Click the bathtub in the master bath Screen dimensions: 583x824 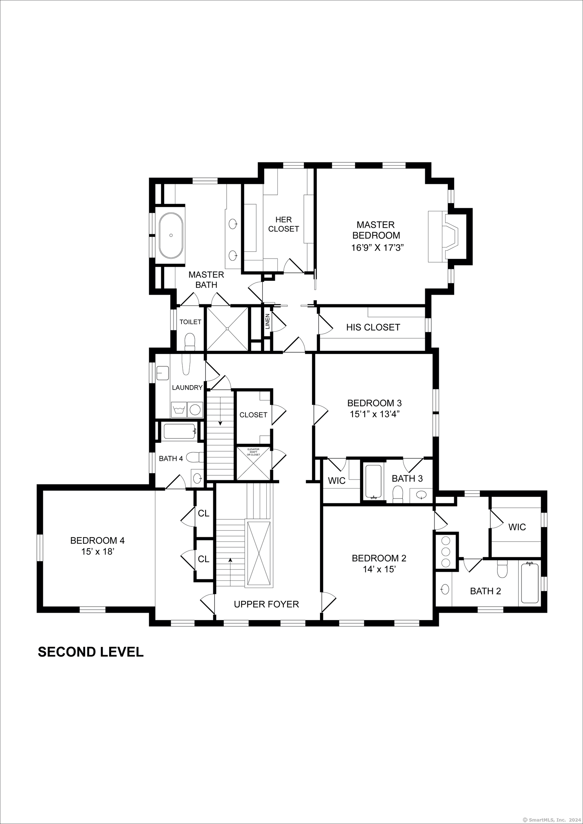(171, 236)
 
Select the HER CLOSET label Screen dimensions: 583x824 (283, 224)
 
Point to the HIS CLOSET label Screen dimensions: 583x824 (373, 327)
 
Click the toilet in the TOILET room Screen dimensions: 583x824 (189, 342)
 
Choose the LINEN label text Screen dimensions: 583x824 (267, 322)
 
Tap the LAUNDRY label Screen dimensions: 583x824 (187, 388)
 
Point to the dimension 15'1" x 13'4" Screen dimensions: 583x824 (375, 414)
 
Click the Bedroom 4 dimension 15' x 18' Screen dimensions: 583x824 (97, 551)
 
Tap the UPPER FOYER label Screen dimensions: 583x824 (266, 604)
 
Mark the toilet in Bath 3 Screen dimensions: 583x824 (398, 494)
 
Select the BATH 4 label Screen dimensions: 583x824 (171, 458)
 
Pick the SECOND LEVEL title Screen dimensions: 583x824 (91, 662)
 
